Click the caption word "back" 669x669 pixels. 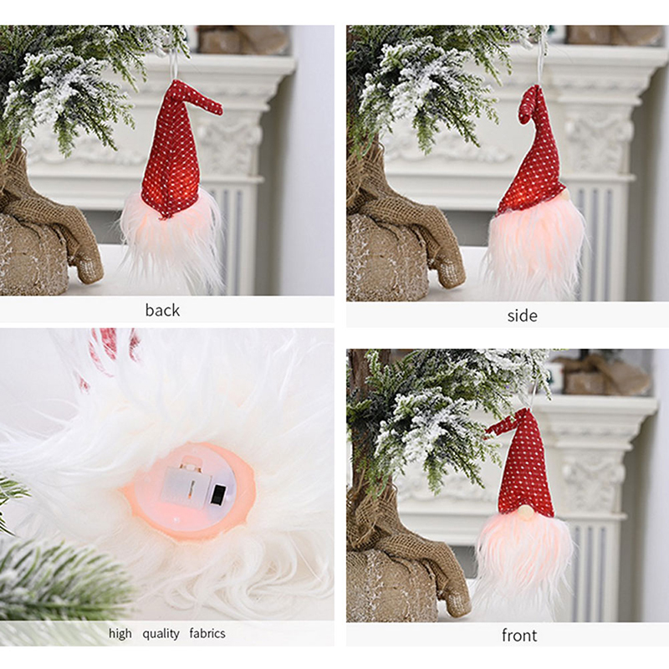tap(162, 309)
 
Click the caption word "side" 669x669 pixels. tap(522, 316)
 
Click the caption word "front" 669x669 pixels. tap(519, 636)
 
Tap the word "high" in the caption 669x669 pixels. tap(120, 634)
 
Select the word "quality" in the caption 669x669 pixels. tap(161, 634)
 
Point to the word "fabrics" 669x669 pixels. tap(207, 634)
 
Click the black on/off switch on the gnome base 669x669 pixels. tap(218, 494)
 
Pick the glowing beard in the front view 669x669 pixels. tap(523, 563)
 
